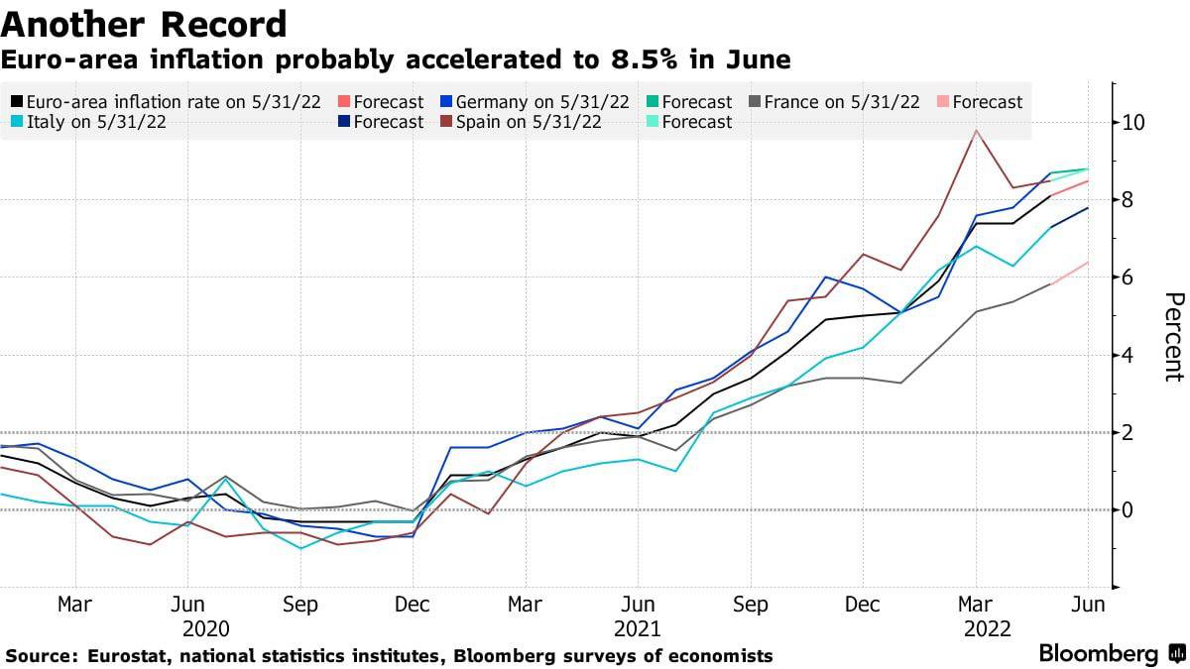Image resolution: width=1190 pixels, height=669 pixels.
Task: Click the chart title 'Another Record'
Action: pos(145,23)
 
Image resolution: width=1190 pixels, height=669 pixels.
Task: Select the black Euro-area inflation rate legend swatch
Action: pos(17,102)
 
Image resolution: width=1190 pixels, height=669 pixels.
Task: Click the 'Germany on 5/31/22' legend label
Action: pos(542,102)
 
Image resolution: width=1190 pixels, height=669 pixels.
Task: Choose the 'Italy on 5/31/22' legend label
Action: pos(95,122)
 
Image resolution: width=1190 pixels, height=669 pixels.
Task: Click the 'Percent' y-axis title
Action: pos(1173,337)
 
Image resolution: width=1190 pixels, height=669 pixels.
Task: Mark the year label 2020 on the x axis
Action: pos(206,629)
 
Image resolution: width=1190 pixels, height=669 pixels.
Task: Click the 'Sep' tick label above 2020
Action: pos(300,605)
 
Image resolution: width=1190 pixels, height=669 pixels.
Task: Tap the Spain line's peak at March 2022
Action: pos(977,130)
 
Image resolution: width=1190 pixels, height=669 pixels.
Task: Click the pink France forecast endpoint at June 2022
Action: pos(1089,263)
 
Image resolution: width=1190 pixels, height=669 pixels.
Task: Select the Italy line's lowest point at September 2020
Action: pos(300,548)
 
